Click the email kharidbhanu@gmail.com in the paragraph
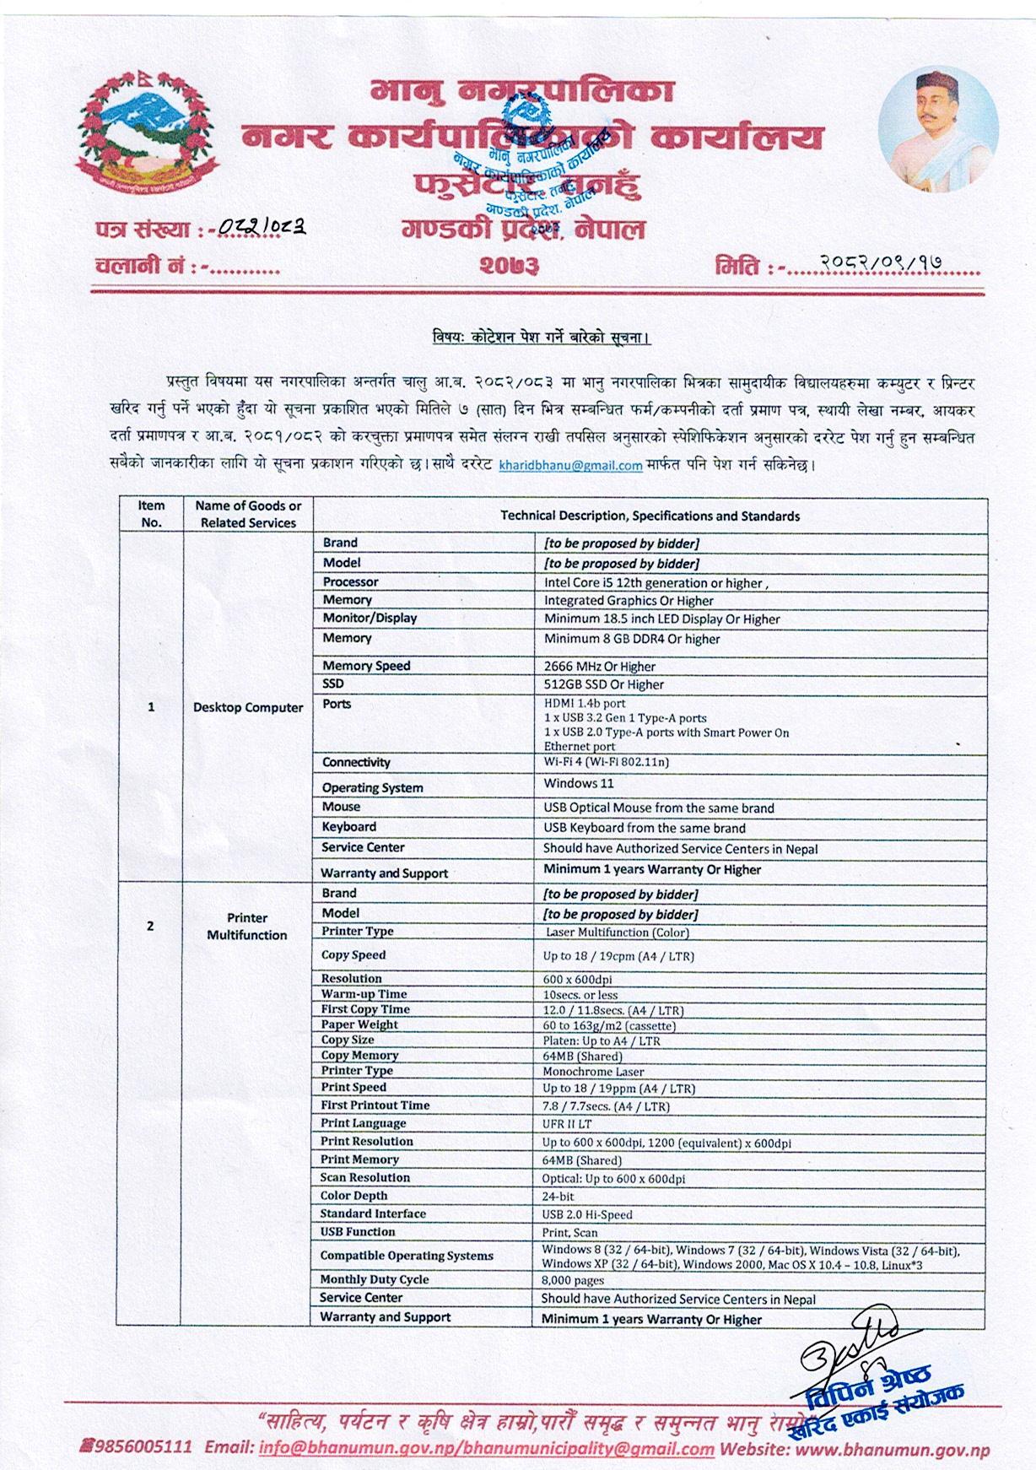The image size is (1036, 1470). click(570, 465)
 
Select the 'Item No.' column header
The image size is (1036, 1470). click(151, 514)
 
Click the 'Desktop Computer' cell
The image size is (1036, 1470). click(248, 707)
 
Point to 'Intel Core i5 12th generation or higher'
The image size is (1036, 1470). click(656, 582)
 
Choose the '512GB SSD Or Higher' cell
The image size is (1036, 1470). click(603, 684)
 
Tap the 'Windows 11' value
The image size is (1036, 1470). click(578, 783)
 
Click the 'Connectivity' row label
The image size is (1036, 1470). click(356, 762)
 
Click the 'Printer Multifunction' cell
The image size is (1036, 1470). click(246, 927)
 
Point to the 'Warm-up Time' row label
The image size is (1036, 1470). click(364, 994)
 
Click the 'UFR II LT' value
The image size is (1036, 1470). click(567, 1124)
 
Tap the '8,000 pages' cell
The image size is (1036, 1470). click(573, 1280)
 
